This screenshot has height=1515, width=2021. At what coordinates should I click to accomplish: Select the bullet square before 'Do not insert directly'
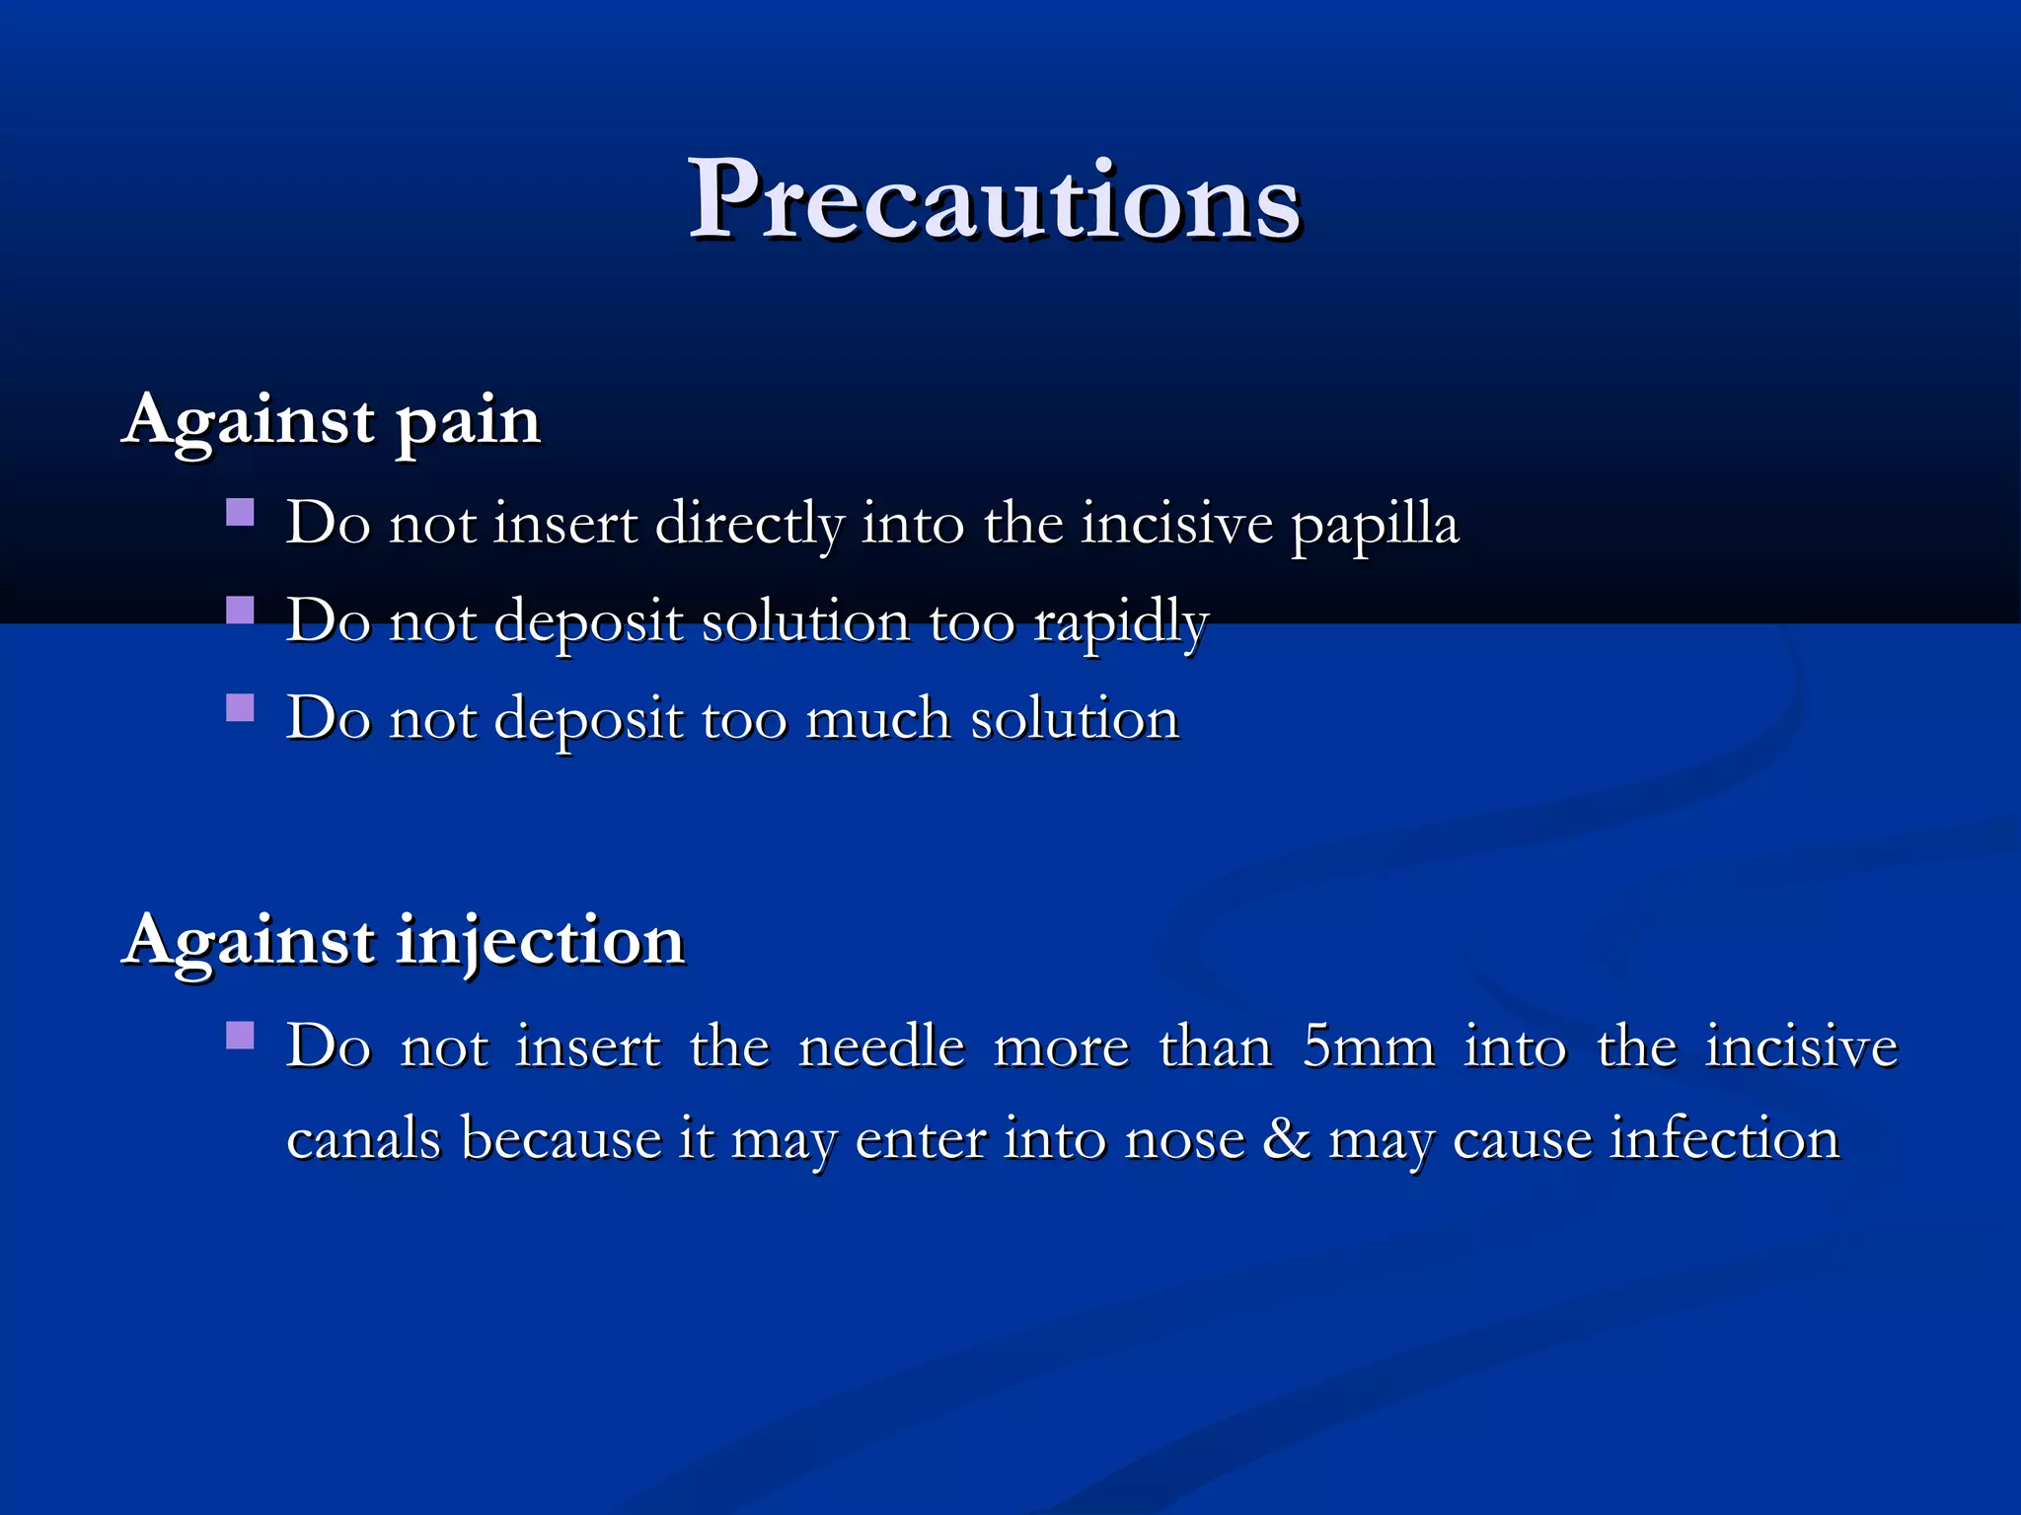tap(240, 512)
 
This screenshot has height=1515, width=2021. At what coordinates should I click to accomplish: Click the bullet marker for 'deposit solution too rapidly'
tap(240, 611)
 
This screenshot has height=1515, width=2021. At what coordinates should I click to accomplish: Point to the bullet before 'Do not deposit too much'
tap(240, 707)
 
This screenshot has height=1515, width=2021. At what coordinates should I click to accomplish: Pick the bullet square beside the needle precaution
tap(240, 1035)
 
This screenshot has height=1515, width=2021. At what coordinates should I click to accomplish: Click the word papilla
tap(1375, 525)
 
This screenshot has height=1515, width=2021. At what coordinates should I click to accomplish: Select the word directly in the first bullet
tap(749, 525)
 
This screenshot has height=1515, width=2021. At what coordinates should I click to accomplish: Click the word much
tap(878, 719)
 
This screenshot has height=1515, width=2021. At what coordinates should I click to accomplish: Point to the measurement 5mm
tap(1369, 1047)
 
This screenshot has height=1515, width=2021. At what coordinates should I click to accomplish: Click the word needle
tap(881, 1047)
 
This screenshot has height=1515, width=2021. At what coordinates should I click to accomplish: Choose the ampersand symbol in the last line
tap(1286, 1140)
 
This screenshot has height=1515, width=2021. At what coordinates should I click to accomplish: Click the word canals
tap(363, 1140)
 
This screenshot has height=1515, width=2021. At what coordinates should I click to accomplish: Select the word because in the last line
tap(561, 1140)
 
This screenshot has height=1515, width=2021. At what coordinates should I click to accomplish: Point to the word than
tap(1216, 1047)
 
